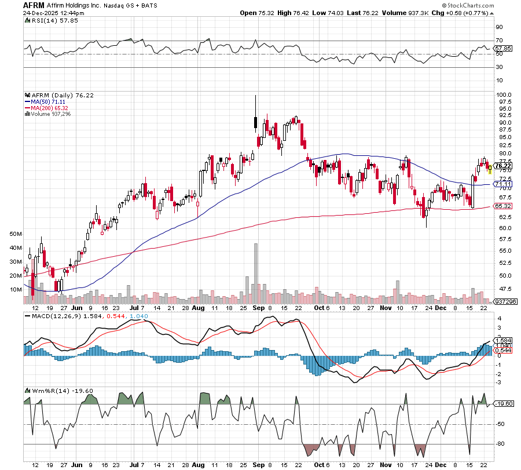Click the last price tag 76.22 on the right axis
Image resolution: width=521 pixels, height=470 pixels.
click(x=502, y=166)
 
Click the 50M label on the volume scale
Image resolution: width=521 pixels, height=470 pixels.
click(x=16, y=234)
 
